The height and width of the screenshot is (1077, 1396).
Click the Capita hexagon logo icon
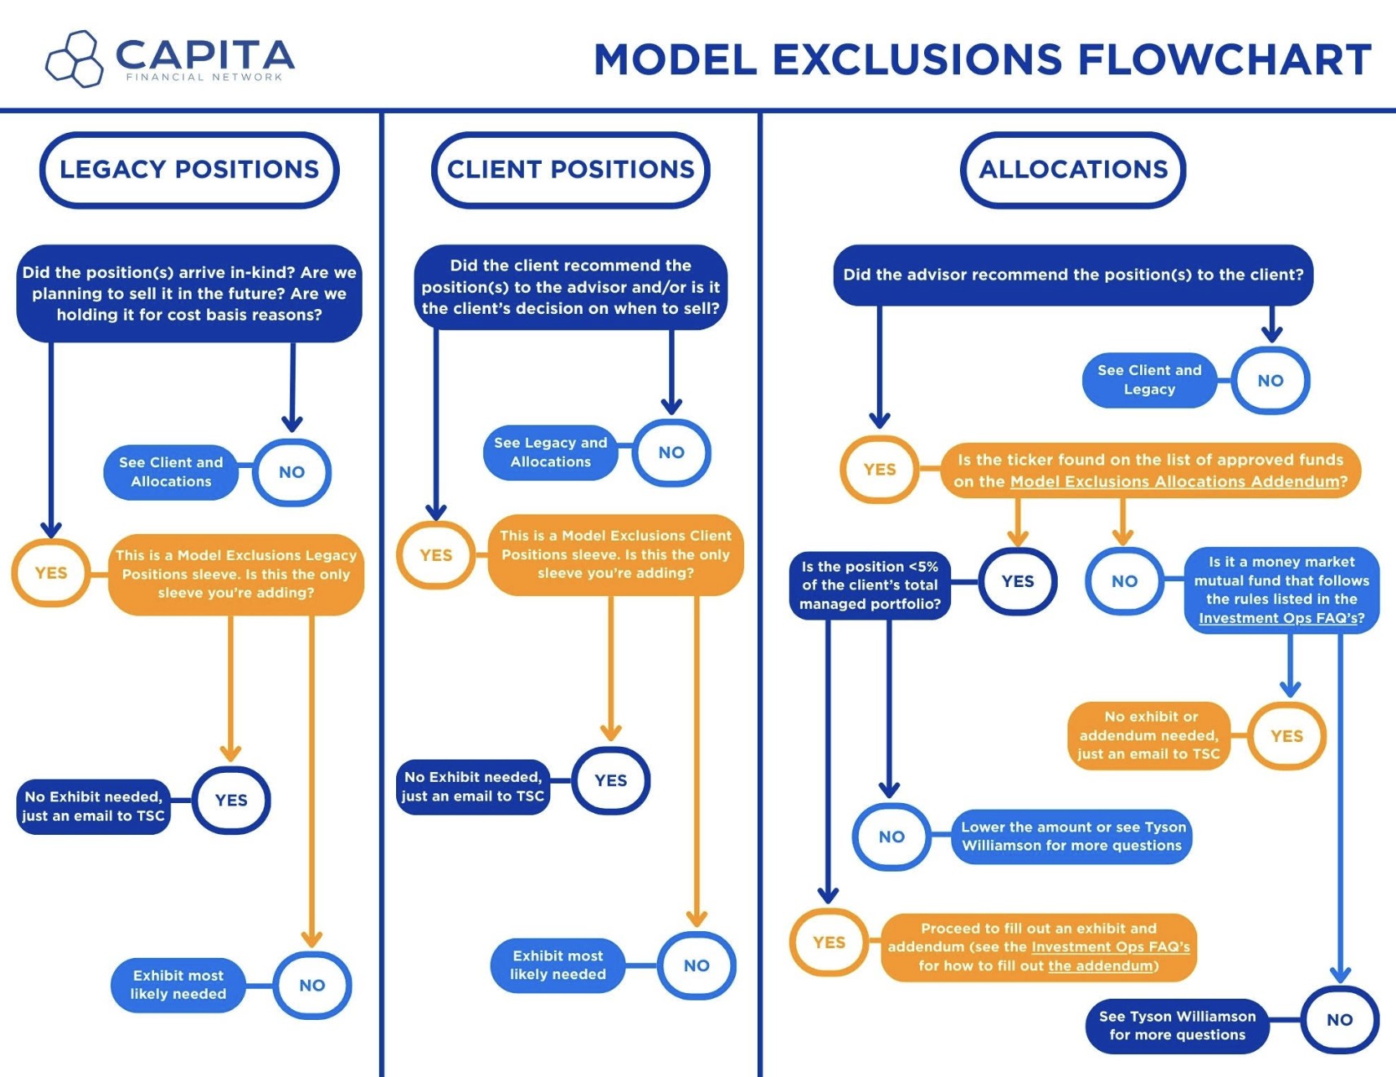(x=74, y=59)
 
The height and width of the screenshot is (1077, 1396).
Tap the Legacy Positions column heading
(x=189, y=170)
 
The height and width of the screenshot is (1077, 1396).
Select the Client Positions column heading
(x=570, y=170)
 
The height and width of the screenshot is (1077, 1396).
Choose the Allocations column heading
(x=1073, y=170)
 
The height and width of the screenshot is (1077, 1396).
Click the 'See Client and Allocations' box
(x=171, y=472)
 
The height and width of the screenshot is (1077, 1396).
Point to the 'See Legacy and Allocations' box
(x=551, y=452)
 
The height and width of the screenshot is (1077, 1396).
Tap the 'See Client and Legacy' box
(x=1149, y=380)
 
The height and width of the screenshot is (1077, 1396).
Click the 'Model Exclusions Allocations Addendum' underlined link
(x=1174, y=482)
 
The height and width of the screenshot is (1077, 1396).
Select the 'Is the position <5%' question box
(x=870, y=585)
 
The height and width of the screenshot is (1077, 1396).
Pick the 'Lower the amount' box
(x=1072, y=836)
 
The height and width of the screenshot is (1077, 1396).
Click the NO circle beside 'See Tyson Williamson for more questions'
(x=1340, y=1019)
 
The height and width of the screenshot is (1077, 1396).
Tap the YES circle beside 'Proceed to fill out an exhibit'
(x=829, y=942)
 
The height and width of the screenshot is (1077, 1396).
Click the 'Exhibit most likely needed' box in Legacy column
(x=178, y=985)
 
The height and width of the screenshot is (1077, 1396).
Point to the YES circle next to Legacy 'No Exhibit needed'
(x=231, y=800)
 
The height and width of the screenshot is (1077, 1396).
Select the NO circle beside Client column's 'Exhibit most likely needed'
(x=697, y=965)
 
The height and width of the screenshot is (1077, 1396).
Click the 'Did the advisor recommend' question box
(x=1073, y=275)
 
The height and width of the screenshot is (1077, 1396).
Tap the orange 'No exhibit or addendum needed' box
(x=1149, y=735)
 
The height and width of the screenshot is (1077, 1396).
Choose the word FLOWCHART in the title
(x=1225, y=60)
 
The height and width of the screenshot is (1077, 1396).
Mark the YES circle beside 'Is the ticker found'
(x=879, y=470)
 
